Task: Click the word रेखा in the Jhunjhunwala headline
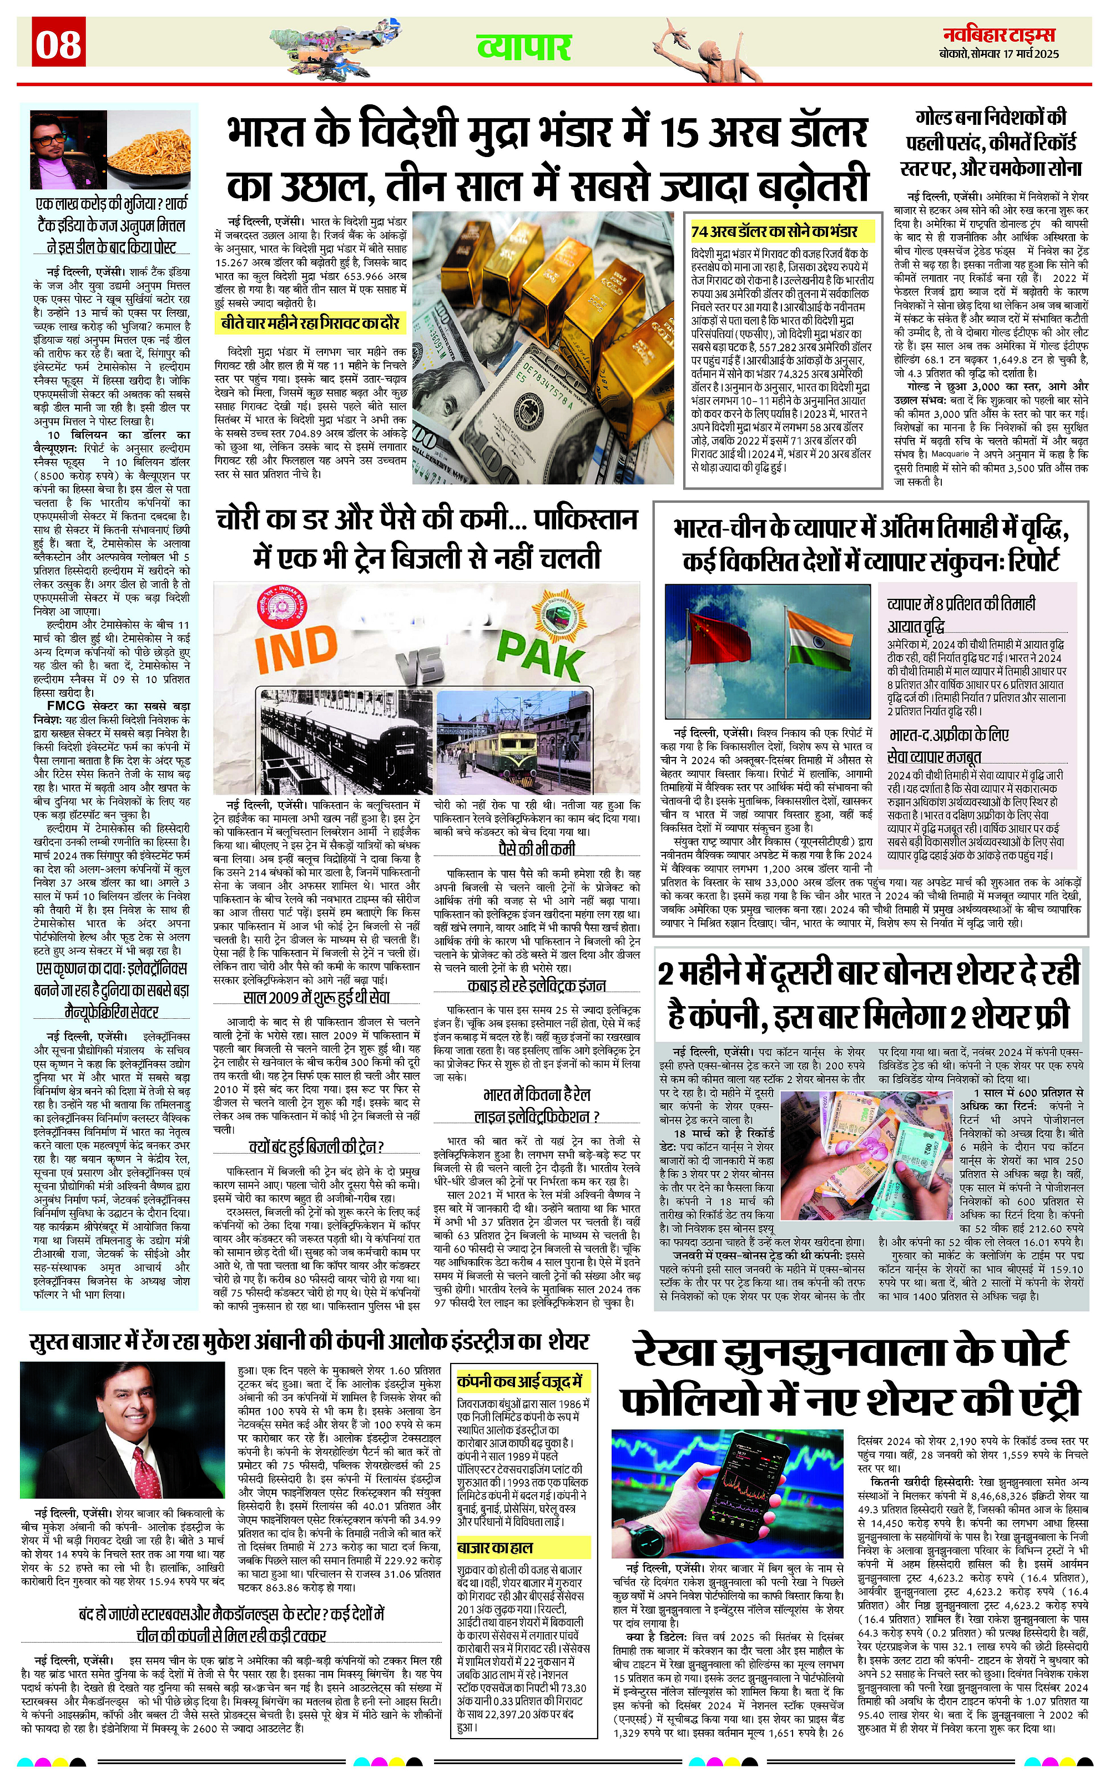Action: pyautogui.click(x=682, y=1352)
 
